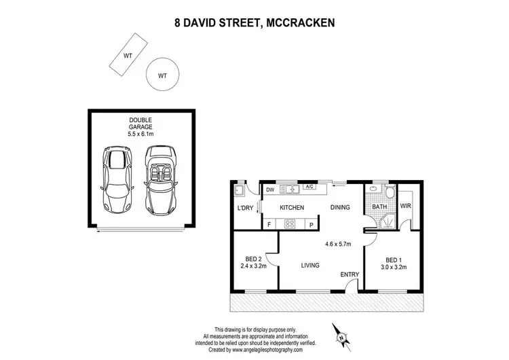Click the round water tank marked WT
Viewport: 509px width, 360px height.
162,75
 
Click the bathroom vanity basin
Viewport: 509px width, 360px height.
372,190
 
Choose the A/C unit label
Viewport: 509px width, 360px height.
309,187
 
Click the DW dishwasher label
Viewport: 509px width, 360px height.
270,190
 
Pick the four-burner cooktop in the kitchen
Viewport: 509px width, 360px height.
293,223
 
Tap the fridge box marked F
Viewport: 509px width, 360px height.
269,223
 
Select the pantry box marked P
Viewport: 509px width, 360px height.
312,223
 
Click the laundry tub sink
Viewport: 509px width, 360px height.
240,191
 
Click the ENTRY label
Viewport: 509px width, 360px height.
350,274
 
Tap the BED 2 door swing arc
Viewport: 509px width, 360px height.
272,258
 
